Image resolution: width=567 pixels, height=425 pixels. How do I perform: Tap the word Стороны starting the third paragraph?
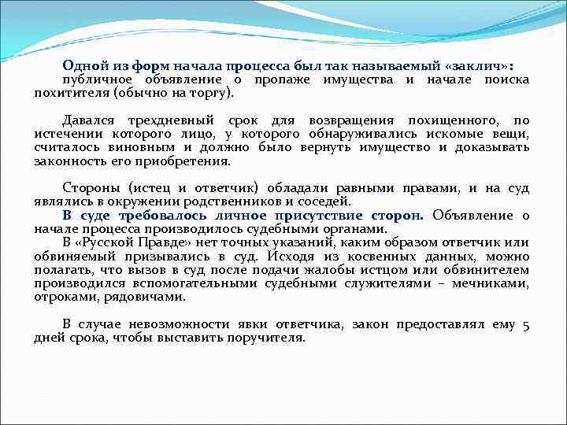[88, 187]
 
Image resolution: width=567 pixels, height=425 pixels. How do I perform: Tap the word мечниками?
[495, 283]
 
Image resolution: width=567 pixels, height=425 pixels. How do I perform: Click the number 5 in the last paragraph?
[525, 323]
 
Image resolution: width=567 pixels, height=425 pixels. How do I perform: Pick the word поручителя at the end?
[266, 337]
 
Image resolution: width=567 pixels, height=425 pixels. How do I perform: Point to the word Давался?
[88, 120]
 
